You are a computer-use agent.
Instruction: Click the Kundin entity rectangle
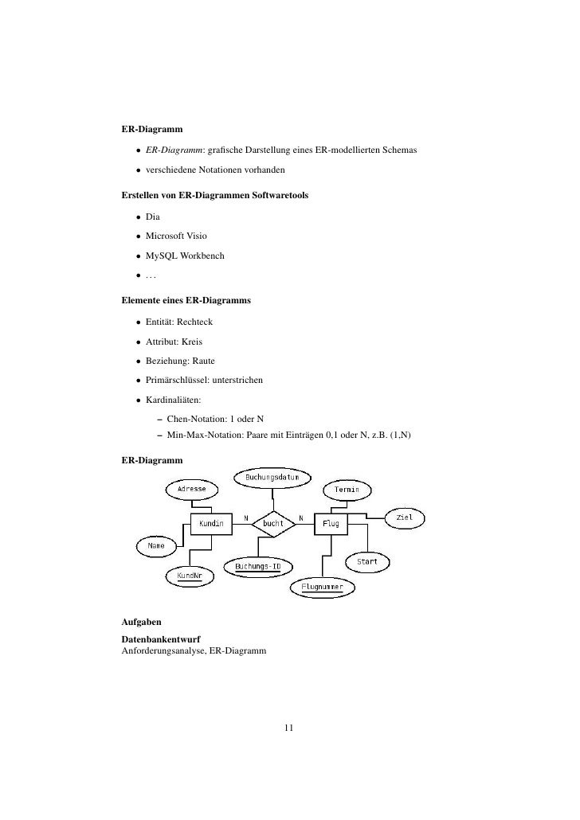coord(210,524)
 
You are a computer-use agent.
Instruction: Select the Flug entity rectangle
coord(331,524)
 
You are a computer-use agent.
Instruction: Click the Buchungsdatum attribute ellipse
coord(272,477)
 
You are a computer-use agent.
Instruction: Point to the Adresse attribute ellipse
coord(191,488)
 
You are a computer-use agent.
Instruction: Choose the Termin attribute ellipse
coord(346,489)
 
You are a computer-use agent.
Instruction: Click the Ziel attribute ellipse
coord(405,517)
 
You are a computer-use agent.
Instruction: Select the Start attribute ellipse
coord(366,561)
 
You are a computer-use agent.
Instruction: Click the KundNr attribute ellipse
coord(189,575)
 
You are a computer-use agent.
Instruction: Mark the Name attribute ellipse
coord(156,546)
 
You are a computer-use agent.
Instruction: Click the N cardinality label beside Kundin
coord(245,517)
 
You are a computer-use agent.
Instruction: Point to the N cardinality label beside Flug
coord(300,517)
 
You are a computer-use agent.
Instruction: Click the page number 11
coord(289,727)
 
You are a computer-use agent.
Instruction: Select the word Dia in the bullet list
coord(153,215)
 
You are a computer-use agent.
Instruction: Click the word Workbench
coord(202,256)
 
